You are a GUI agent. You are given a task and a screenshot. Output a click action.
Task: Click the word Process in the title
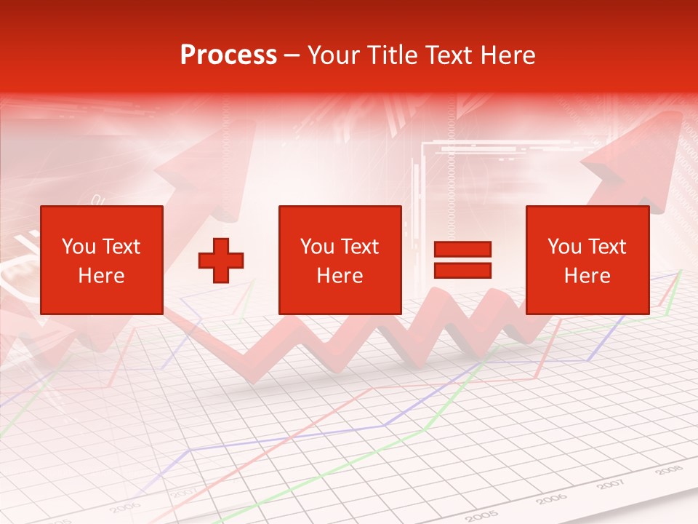coord(228,55)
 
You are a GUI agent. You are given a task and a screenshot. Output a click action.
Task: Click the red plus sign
coord(221,260)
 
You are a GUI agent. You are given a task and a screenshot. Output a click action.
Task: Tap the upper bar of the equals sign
coord(462,250)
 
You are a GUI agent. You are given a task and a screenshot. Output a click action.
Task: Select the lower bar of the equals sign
coord(462,271)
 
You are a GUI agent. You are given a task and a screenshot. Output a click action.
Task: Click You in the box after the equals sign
coord(564,247)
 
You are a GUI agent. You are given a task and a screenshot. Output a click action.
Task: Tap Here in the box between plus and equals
coord(340,276)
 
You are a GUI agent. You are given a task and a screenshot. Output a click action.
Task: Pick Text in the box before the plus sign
coord(121,247)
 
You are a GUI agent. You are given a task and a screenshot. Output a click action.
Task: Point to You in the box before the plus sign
coord(79,247)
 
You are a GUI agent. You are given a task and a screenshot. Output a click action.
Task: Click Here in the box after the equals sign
coord(587,276)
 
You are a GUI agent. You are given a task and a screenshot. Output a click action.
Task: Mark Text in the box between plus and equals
coord(360,247)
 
